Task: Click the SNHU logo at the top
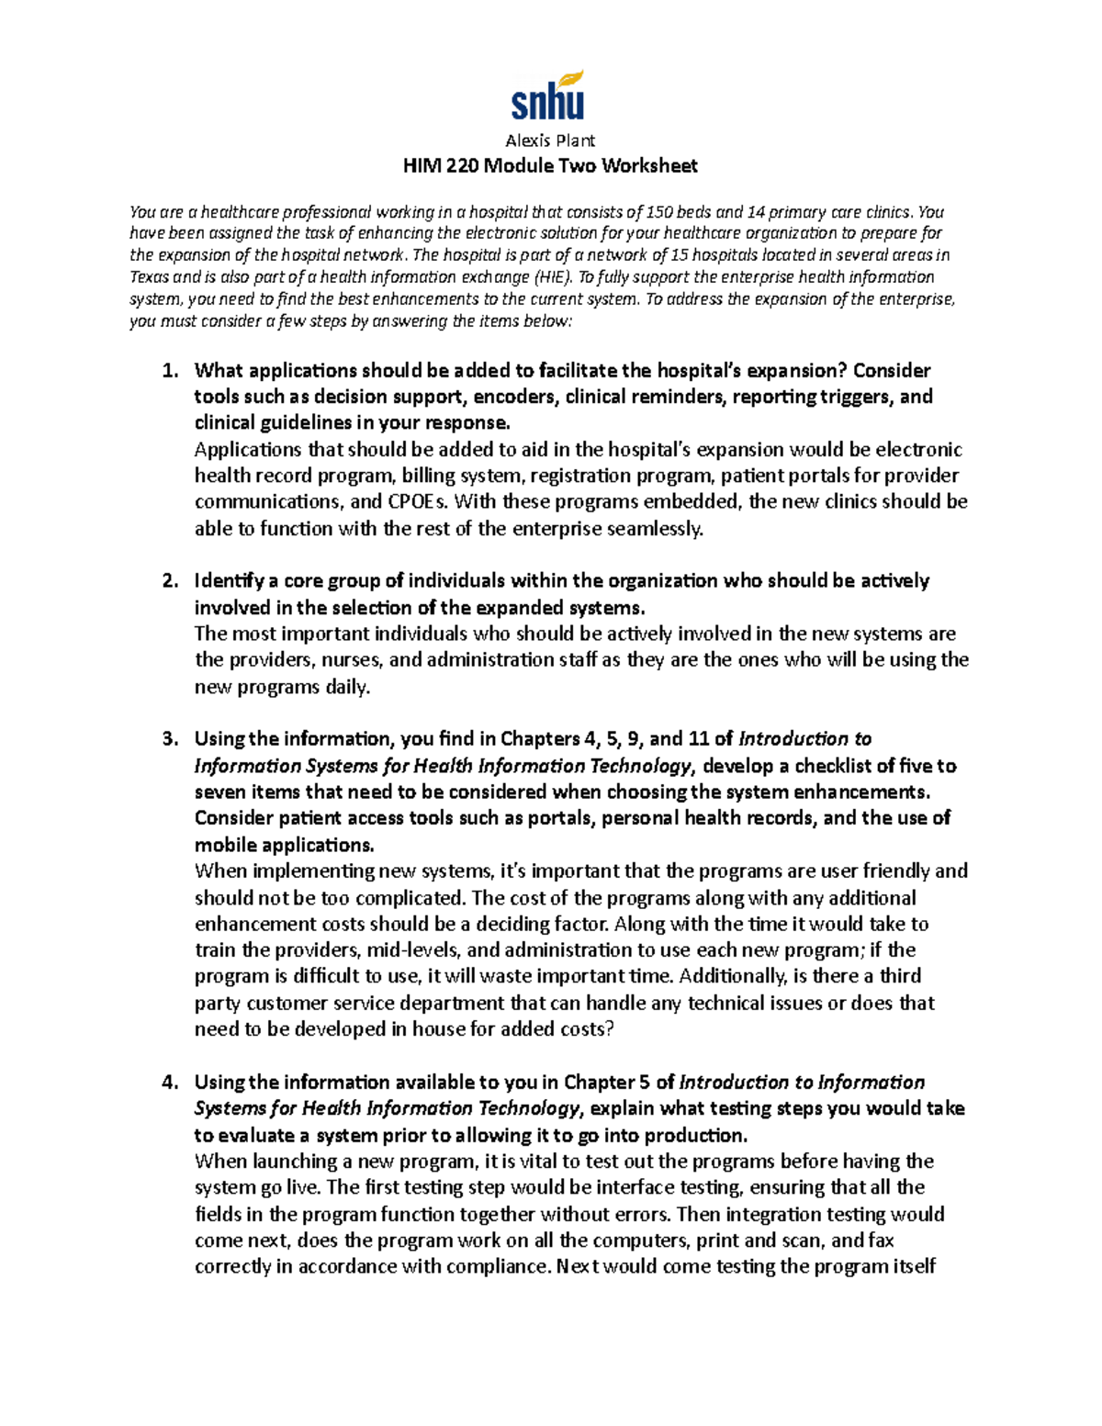click(x=548, y=96)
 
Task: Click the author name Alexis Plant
click(x=550, y=140)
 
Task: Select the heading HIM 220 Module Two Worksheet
click(x=550, y=166)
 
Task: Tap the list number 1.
click(x=168, y=371)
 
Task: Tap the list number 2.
click(x=168, y=581)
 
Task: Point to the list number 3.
click(x=168, y=739)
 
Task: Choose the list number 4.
click(x=168, y=1083)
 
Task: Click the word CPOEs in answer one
click(x=418, y=502)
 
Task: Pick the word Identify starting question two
click(x=229, y=581)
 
